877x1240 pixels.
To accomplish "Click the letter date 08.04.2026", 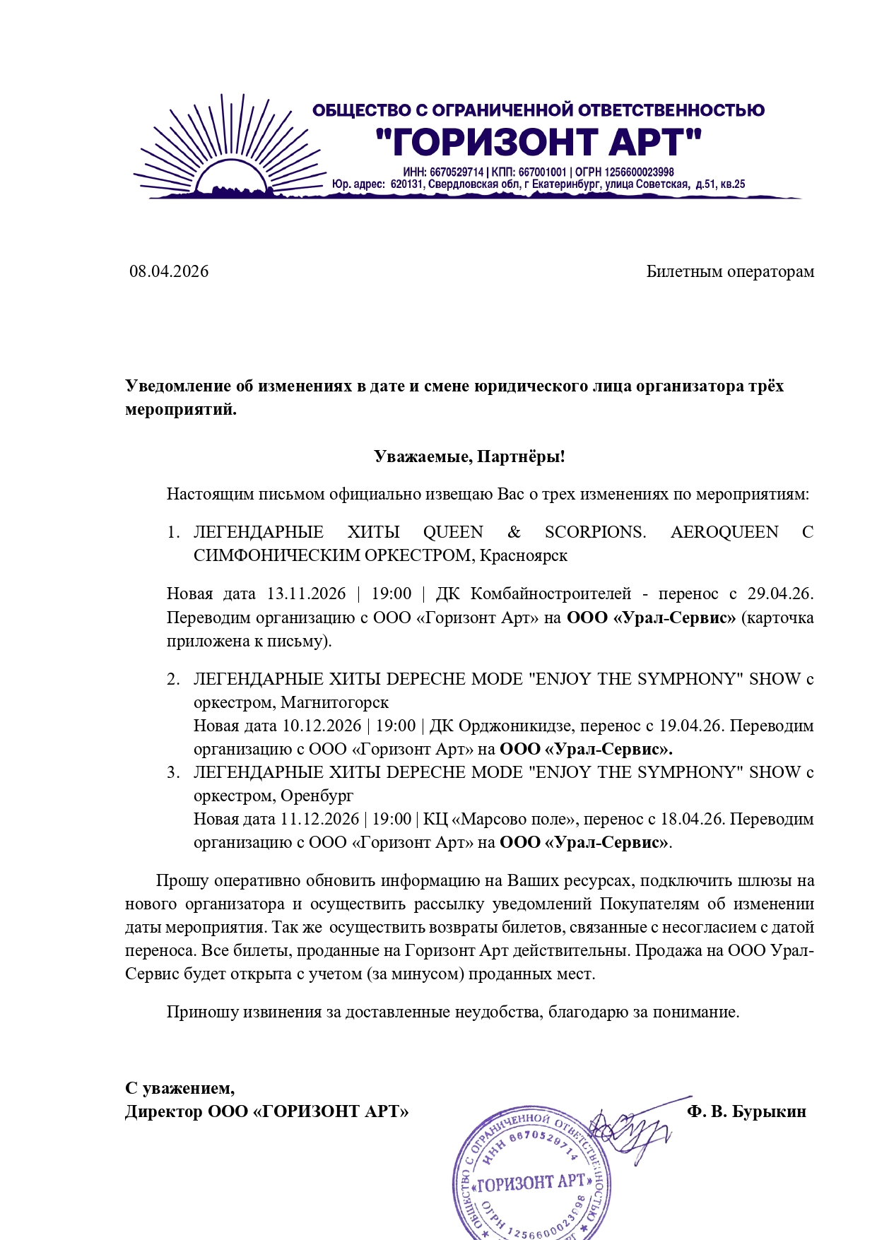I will [x=169, y=271].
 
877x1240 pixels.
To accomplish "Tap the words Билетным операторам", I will [x=730, y=271].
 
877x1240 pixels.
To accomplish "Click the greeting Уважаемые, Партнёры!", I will [x=469, y=456].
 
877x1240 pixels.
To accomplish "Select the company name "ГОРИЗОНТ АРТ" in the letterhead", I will [x=538, y=142].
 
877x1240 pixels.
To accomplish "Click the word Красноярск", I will [x=524, y=555].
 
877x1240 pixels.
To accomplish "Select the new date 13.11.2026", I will [x=306, y=594].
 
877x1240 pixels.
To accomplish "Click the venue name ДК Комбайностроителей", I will [x=534, y=594].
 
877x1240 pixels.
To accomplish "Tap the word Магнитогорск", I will [x=335, y=702].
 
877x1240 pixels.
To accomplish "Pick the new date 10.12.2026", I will [x=322, y=726].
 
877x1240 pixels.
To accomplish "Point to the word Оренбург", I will [x=317, y=796].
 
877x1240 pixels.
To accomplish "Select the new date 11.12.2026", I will [x=319, y=819].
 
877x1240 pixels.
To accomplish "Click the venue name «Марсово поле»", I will [x=514, y=819].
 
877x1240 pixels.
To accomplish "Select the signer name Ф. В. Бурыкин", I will [x=746, y=1111].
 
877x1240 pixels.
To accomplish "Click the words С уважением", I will [x=179, y=1088].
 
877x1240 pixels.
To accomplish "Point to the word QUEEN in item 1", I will [x=453, y=532].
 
